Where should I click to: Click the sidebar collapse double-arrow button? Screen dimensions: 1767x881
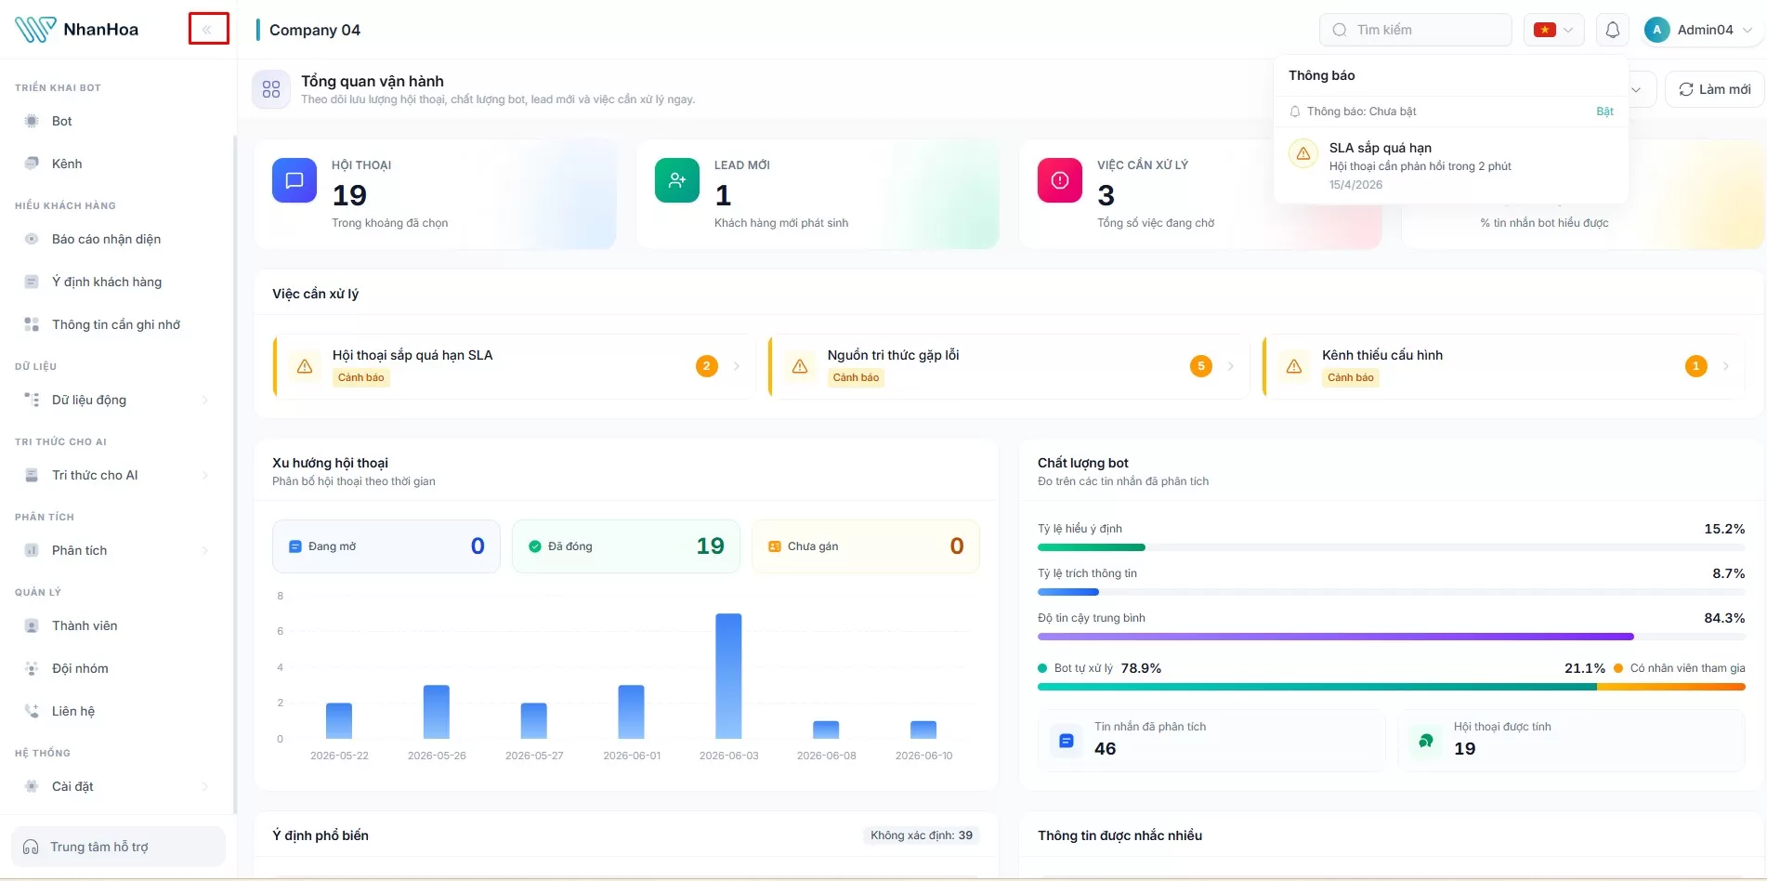point(208,30)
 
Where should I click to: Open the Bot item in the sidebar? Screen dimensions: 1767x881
point(62,121)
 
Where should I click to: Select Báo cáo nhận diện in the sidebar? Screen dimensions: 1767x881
point(106,239)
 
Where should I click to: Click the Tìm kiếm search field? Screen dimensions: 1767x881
point(1415,30)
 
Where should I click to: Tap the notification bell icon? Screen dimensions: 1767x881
point(1613,30)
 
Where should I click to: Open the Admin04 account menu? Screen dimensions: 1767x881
point(1698,30)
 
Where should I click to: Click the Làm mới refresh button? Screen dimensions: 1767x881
point(1714,89)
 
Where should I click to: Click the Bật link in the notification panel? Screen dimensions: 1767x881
point(1604,112)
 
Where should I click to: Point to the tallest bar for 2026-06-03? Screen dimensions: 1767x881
point(728,676)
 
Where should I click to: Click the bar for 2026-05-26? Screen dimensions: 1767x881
point(437,712)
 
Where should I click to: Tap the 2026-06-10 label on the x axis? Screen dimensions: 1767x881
point(923,756)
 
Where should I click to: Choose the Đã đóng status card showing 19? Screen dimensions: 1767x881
point(626,546)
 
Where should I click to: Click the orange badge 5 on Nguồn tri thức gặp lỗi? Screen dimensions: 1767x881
point(1201,366)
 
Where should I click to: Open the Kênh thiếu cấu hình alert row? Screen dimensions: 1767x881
point(1503,366)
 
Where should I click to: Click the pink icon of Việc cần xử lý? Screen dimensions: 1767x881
point(1060,180)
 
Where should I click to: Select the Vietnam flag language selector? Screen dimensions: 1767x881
point(1554,30)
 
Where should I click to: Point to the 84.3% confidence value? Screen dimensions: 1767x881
point(1724,618)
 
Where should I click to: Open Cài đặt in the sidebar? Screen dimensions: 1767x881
point(72,786)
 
